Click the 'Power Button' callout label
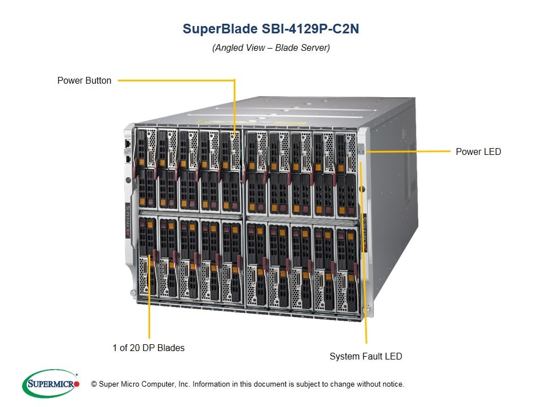pos(84,80)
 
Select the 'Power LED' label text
pos(478,151)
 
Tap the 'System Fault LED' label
pos(366,356)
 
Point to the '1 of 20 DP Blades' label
pos(148,348)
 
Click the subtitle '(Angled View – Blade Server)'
pos(271,47)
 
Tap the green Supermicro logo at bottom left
pos(50,384)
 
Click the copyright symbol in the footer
pos(94,384)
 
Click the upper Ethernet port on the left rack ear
pos(129,144)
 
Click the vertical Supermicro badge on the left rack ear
pos(128,220)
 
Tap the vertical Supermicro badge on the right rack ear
pos(364,228)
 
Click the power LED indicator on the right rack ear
pos(361,151)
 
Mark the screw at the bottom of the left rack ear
pos(132,293)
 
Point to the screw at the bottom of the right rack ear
pos(368,309)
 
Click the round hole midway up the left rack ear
pos(128,181)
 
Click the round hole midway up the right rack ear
pos(362,188)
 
